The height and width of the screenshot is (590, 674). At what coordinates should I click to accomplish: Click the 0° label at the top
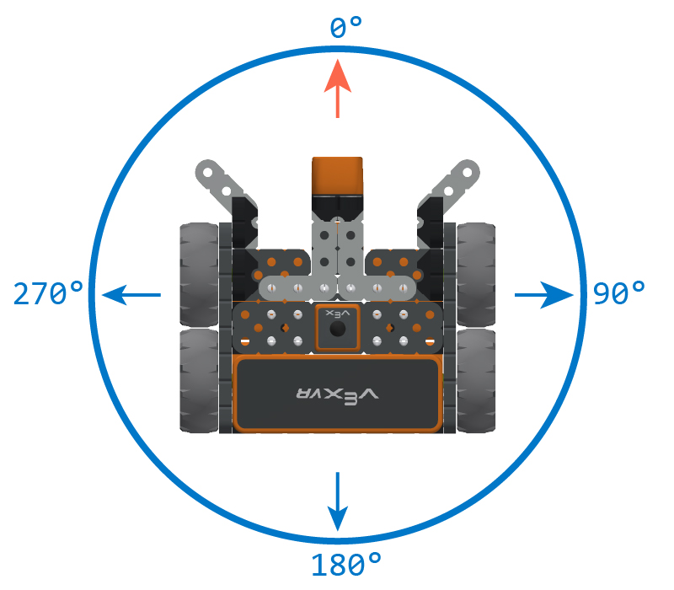coord(345,29)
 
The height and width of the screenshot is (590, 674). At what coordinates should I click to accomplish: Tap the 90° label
coord(619,293)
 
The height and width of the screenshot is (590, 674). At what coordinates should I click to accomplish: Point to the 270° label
coord(49,293)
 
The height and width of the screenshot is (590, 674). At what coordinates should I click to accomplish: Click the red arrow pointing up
coord(338,88)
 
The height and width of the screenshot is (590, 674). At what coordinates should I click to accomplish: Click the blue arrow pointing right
coord(543,294)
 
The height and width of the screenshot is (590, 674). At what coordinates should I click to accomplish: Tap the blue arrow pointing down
coord(338,501)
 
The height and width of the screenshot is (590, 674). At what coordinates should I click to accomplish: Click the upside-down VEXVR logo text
coord(338,394)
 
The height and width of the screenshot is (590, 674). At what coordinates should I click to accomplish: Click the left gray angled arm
coord(218,180)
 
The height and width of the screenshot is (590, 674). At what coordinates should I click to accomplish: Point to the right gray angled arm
coord(457,180)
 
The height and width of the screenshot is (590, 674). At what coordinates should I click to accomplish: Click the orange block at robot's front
coord(337,175)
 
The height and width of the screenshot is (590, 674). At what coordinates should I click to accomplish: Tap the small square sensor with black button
coord(338,327)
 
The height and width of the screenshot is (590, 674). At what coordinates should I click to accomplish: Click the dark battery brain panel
coord(338,394)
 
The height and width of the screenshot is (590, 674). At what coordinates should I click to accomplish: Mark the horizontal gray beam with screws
coord(337,287)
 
